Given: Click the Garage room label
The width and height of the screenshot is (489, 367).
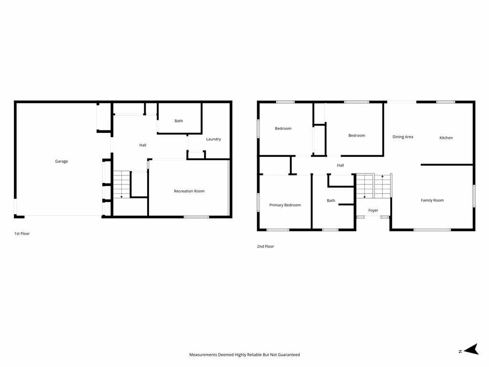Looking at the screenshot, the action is [62, 162].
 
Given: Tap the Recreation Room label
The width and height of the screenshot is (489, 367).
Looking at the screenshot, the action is [189, 191].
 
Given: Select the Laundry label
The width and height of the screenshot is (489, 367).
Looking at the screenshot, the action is [213, 139].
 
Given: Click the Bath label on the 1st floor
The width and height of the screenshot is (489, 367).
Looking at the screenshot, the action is [179, 121].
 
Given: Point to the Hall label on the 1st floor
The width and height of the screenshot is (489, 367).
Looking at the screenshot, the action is [143, 145].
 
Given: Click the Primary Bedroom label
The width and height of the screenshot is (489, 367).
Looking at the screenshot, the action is [285, 205].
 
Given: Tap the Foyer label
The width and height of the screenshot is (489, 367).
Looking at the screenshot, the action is [373, 210].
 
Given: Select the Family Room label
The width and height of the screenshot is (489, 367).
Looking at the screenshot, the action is [432, 200].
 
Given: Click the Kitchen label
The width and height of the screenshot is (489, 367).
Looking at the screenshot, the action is [446, 138].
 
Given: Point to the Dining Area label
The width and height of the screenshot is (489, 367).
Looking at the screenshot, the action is [403, 137].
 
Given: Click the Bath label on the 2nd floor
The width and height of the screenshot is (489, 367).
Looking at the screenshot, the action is [331, 201].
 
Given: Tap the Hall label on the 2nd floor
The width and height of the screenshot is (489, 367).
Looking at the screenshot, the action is [340, 165].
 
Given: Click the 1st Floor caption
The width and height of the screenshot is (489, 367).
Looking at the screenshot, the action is [22, 233].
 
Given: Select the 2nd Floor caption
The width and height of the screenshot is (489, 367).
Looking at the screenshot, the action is [266, 246].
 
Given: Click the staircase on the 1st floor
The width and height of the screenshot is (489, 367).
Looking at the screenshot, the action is [121, 184].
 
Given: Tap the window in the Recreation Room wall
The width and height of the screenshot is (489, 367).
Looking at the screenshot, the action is [196, 217].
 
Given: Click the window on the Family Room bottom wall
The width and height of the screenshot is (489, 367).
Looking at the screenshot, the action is [432, 230].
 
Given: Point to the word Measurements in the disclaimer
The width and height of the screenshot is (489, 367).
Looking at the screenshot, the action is [203, 355].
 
